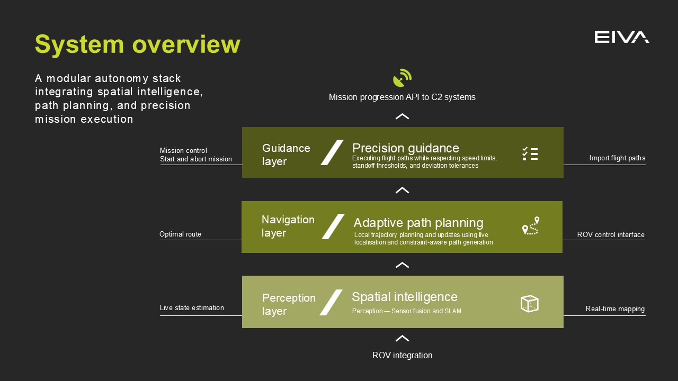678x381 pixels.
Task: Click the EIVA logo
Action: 621,37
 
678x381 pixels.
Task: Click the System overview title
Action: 137,44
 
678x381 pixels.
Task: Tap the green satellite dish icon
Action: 402,78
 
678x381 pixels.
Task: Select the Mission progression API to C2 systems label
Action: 402,97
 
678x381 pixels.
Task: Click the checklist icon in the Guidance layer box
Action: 530,153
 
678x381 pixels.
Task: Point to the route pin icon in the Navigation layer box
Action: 530,226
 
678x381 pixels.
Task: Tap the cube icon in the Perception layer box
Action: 529,303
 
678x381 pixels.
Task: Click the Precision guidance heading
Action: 405,148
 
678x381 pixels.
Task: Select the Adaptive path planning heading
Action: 418,223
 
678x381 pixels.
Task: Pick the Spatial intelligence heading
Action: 404,297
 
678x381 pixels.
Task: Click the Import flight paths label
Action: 617,158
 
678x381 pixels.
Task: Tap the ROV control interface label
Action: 611,234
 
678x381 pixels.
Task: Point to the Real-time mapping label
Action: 615,309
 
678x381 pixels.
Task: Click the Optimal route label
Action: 180,234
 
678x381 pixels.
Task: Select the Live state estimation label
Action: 192,308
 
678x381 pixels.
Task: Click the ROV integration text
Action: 402,356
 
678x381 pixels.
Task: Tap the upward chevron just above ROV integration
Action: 402,339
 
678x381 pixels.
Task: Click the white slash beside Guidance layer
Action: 332,152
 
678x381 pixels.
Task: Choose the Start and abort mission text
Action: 196,159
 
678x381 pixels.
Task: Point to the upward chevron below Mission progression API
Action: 402,116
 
